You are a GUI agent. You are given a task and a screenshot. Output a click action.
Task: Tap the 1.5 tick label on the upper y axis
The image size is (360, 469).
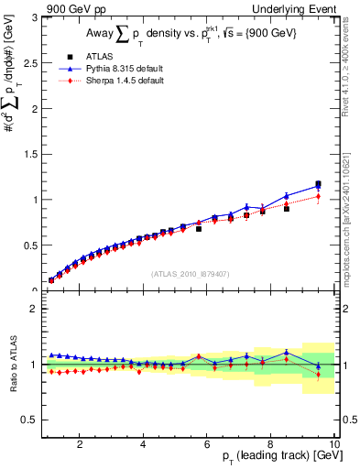[32, 154]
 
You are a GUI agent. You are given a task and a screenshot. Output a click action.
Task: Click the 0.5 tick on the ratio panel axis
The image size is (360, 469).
[32, 420]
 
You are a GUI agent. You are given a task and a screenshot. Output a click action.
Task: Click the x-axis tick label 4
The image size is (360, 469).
[143, 444]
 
